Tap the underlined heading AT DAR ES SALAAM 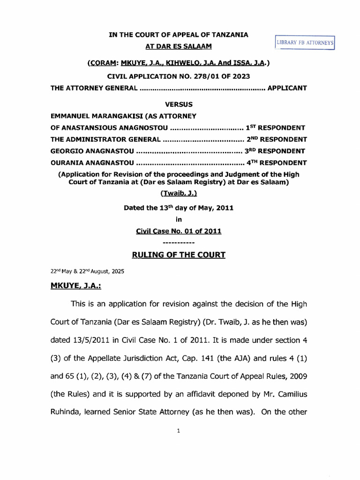[178, 46]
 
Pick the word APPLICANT [287, 88]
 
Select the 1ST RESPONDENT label [276, 127]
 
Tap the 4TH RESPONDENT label [277, 163]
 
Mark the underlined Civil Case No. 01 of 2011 [178, 231]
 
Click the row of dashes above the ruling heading [178, 243]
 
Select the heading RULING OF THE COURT [178, 255]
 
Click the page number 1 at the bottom [179, 432]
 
